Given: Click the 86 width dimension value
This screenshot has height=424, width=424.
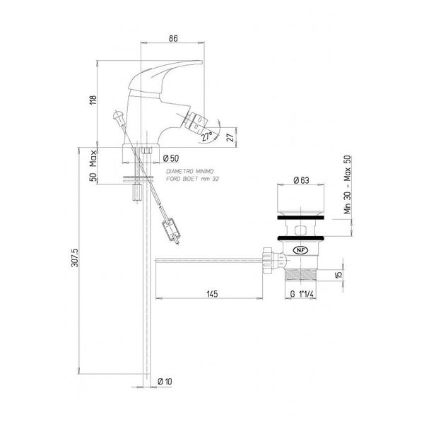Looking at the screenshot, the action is (x=173, y=38).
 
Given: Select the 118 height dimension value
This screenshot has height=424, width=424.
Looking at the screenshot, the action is (x=93, y=100).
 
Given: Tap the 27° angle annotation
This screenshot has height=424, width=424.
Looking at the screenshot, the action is (x=207, y=136).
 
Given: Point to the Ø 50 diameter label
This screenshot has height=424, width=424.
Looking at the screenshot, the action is (x=171, y=158).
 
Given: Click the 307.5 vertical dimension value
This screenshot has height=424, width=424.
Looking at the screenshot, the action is (x=75, y=258).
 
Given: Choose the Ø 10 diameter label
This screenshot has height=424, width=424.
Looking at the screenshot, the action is (x=165, y=382).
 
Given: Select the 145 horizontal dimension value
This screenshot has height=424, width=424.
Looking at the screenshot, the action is (x=212, y=294).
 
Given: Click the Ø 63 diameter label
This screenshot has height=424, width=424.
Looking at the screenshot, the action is (x=301, y=180).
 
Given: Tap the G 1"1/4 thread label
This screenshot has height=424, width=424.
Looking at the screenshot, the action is (x=302, y=294).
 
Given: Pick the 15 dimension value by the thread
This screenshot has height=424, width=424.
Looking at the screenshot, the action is (x=338, y=275).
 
